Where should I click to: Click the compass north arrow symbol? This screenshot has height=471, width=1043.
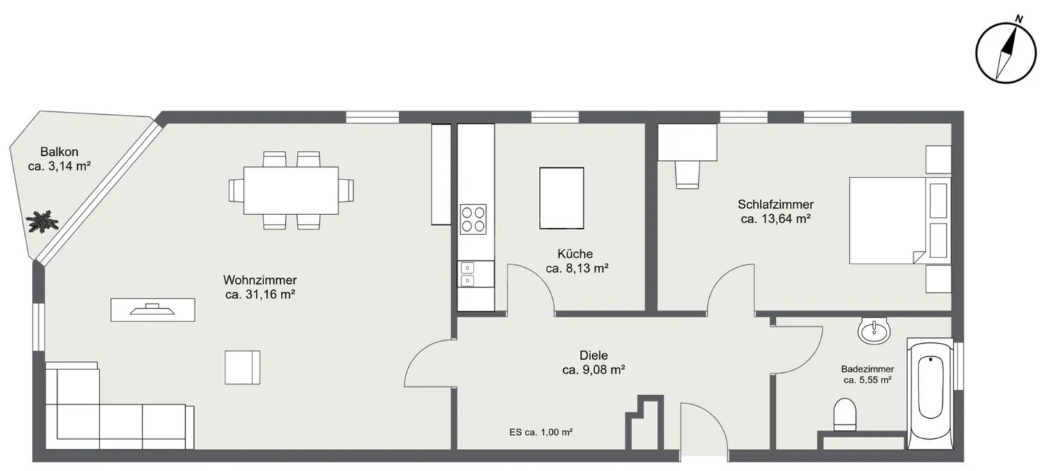tap(1006, 54)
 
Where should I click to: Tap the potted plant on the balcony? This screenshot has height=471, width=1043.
tap(42, 221)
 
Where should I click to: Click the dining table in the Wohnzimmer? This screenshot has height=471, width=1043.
tap(291, 190)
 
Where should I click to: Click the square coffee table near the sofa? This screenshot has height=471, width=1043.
tap(242, 367)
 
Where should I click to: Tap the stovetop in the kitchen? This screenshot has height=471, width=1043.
tap(473, 219)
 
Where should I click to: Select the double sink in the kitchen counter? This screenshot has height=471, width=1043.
tap(467, 274)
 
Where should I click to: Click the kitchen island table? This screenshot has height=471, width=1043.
tap(562, 198)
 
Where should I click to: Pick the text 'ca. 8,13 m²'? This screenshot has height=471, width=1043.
tap(577, 269)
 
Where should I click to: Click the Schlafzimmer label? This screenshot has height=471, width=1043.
tap(776, 205)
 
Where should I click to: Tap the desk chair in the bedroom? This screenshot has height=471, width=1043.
tap(687, 175)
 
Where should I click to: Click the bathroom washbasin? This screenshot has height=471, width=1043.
tap(874, 330)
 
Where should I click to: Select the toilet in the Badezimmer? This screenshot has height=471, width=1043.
tap(845, 414)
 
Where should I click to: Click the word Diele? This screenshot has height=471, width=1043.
tap(594, 356)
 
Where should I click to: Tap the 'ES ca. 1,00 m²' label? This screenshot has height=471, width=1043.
tap(541, 432)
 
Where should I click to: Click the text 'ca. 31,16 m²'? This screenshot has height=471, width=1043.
tap(260, 294)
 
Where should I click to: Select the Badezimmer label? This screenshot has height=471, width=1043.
tap(868, 369)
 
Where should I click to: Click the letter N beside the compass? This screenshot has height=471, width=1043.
tap(1019, 19)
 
